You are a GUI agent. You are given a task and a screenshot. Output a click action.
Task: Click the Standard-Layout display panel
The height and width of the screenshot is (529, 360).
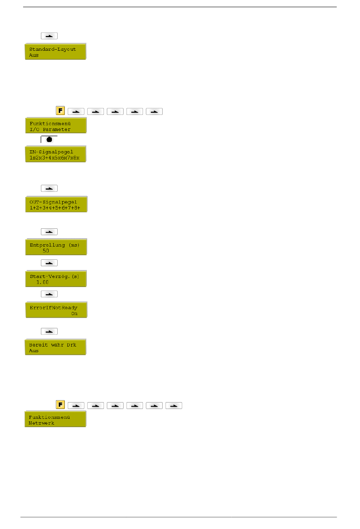(x=55, y=51)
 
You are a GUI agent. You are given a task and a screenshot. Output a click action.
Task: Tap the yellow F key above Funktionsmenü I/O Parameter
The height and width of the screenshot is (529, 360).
(x=60, y=111)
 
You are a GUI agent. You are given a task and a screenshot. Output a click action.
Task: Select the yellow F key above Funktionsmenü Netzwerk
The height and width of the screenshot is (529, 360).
(x=60, y=404)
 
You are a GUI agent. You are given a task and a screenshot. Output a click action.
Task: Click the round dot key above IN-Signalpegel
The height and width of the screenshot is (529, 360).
(x=49, y=139)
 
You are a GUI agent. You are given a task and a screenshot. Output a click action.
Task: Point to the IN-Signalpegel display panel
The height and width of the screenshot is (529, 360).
(x=56, y=154)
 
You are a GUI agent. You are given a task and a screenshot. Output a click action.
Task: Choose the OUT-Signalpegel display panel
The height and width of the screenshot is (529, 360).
(x=56, y=204)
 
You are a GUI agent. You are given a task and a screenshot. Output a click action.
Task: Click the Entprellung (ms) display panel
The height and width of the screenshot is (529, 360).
(x=56, y=247)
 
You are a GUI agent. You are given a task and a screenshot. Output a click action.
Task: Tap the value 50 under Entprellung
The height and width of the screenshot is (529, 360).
(x=46, y=251)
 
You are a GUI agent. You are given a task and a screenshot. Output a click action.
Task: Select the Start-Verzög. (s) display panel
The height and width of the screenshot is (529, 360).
(x=56, y=279)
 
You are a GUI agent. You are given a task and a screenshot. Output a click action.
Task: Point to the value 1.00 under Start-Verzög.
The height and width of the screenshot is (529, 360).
(x=42, y=282)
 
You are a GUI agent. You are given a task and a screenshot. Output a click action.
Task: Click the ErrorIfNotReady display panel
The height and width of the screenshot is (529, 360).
(x=56, y=310)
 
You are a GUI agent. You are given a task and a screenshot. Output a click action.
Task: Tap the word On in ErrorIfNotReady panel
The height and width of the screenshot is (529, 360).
(x=74, y=314)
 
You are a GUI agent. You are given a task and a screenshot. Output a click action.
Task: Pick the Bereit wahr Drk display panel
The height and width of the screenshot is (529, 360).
(x=55, y=347)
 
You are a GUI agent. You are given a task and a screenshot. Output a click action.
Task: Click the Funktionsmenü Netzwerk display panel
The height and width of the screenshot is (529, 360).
(x=55, y=420)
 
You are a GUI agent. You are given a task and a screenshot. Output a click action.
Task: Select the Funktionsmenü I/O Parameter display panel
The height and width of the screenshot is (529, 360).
(x=56, y=126)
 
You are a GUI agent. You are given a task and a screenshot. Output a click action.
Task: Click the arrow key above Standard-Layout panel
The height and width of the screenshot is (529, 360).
(x=49, y=36)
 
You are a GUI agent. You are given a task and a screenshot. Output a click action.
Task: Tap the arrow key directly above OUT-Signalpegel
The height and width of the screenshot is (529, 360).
(x=49, y=188)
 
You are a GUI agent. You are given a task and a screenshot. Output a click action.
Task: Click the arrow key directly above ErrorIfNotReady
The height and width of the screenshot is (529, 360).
(x=49, y=294)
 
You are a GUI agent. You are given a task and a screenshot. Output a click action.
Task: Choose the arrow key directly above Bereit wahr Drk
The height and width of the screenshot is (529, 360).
(x=49, y=331)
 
